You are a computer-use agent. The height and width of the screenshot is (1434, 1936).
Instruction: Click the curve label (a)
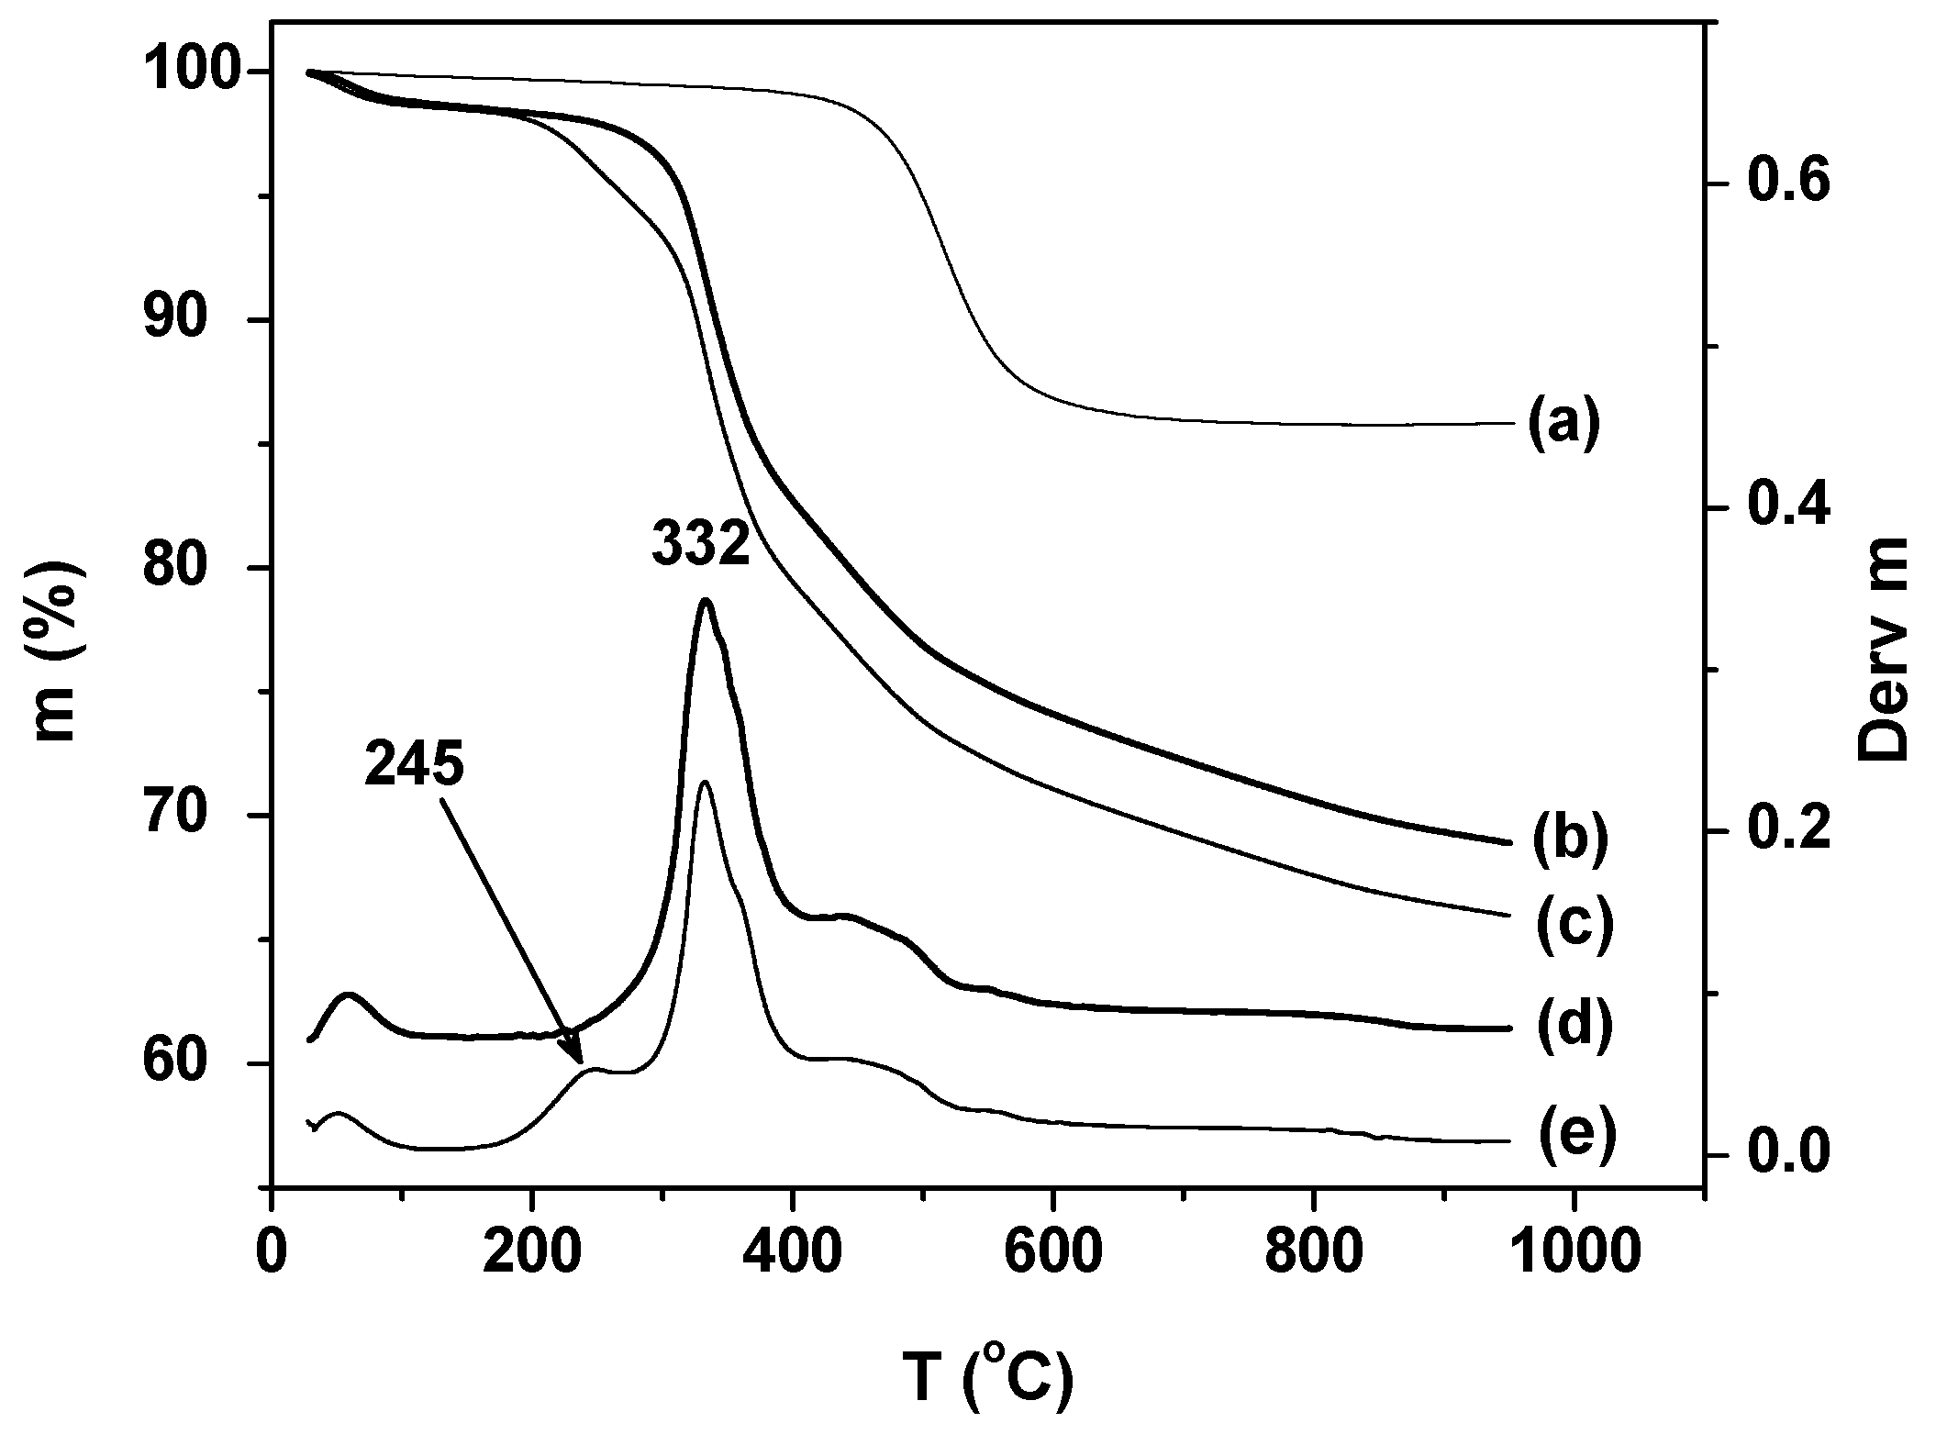click(1564, 425)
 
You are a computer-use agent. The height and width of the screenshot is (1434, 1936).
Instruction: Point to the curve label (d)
click(1572, 1028)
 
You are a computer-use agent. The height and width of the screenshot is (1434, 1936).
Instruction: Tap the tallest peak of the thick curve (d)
click(705, 601)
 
